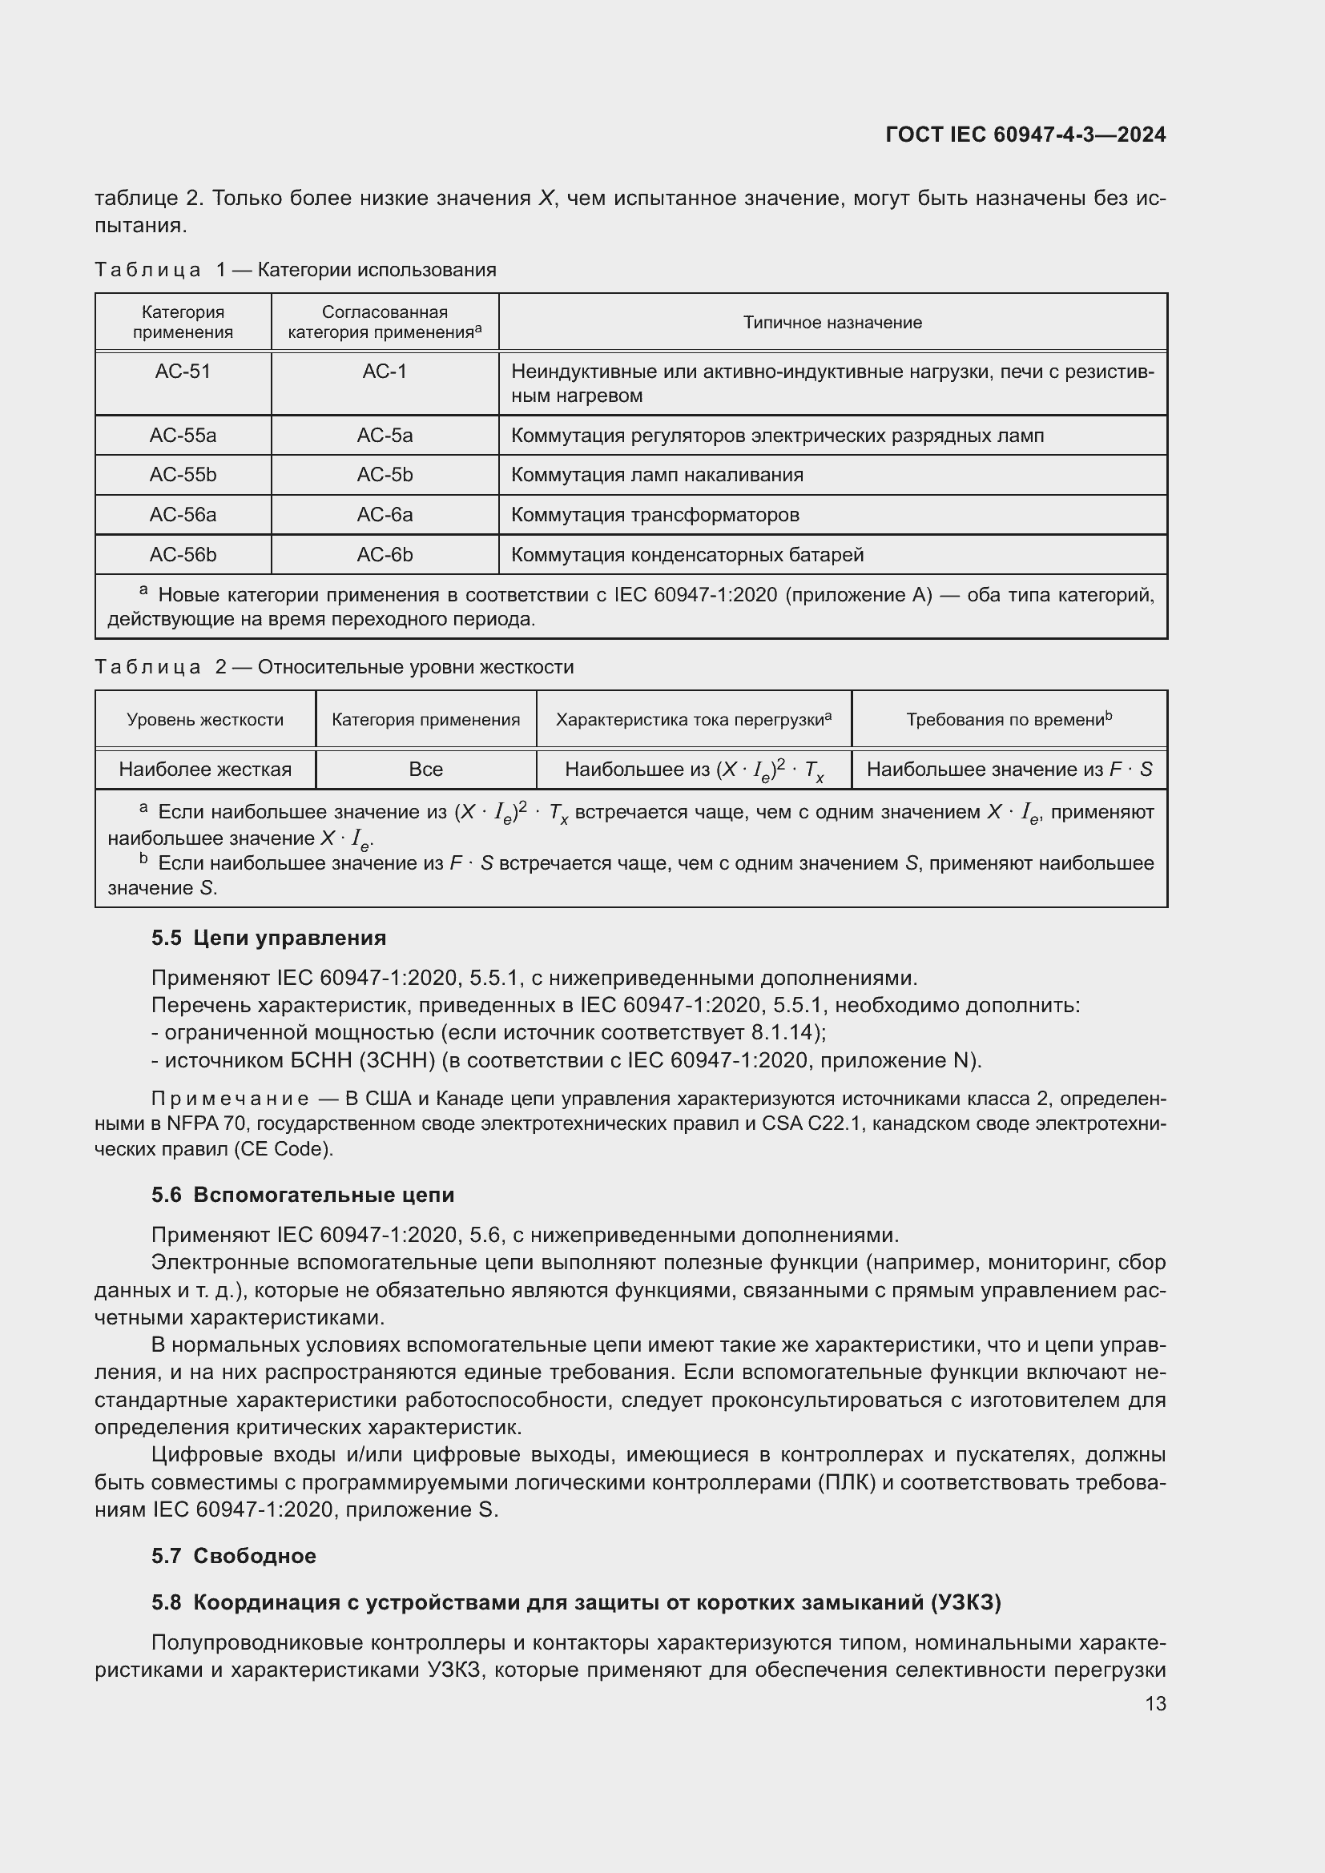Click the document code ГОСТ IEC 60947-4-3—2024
[x=1025, y=135]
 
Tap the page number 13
[x=1155, y=1703]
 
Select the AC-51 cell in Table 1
[x=183, y=372]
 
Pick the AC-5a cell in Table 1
[x=385, y=436]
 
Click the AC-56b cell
[x=183, y=555]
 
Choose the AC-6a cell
[x=385, y=515]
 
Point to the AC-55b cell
[x=183, y=475]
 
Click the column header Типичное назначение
[x=832, y=322]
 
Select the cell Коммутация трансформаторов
[x=655, y=515]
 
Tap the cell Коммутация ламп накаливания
[x=657, y=475]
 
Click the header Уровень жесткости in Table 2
[x=205, y=720]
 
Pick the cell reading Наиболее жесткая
[x=205, y=770]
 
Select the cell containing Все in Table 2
[x=425, y=770]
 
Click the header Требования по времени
[x=1009, y=720]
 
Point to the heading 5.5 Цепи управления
[x=268, y=939]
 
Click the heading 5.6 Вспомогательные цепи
[x=303, y=1195]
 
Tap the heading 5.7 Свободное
[x=233, y=1556]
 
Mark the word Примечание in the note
[x=230, y=1099]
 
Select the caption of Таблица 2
[x=335, y=667]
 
